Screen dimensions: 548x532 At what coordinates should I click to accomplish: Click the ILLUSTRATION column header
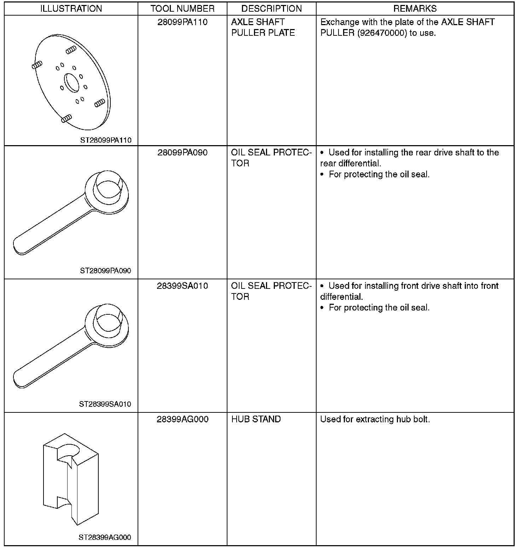[71, 9]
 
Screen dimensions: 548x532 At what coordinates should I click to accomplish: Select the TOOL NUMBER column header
[183, 9]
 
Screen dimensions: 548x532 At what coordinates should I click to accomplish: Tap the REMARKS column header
[415, 9]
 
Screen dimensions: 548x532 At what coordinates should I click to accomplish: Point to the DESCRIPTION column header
[272, 9]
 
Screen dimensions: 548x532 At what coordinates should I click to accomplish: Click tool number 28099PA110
[183, 22]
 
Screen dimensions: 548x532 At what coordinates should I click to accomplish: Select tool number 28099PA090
[183, 153]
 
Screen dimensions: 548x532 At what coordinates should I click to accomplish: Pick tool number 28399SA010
[183, 286]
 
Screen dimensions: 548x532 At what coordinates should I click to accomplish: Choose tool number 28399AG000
[183, 419]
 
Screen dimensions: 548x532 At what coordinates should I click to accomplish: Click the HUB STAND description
[256, 419]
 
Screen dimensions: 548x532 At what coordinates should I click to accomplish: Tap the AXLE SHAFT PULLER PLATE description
[263, 28]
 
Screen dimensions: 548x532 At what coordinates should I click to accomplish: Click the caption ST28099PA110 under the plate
[106, 140]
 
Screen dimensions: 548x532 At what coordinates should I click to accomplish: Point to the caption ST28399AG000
[105, 538]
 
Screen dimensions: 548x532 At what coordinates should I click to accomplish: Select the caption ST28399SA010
[105, 404]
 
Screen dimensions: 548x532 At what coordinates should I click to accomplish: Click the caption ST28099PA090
[105, 271]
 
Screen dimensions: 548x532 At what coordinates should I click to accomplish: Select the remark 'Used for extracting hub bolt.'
[375, 419]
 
